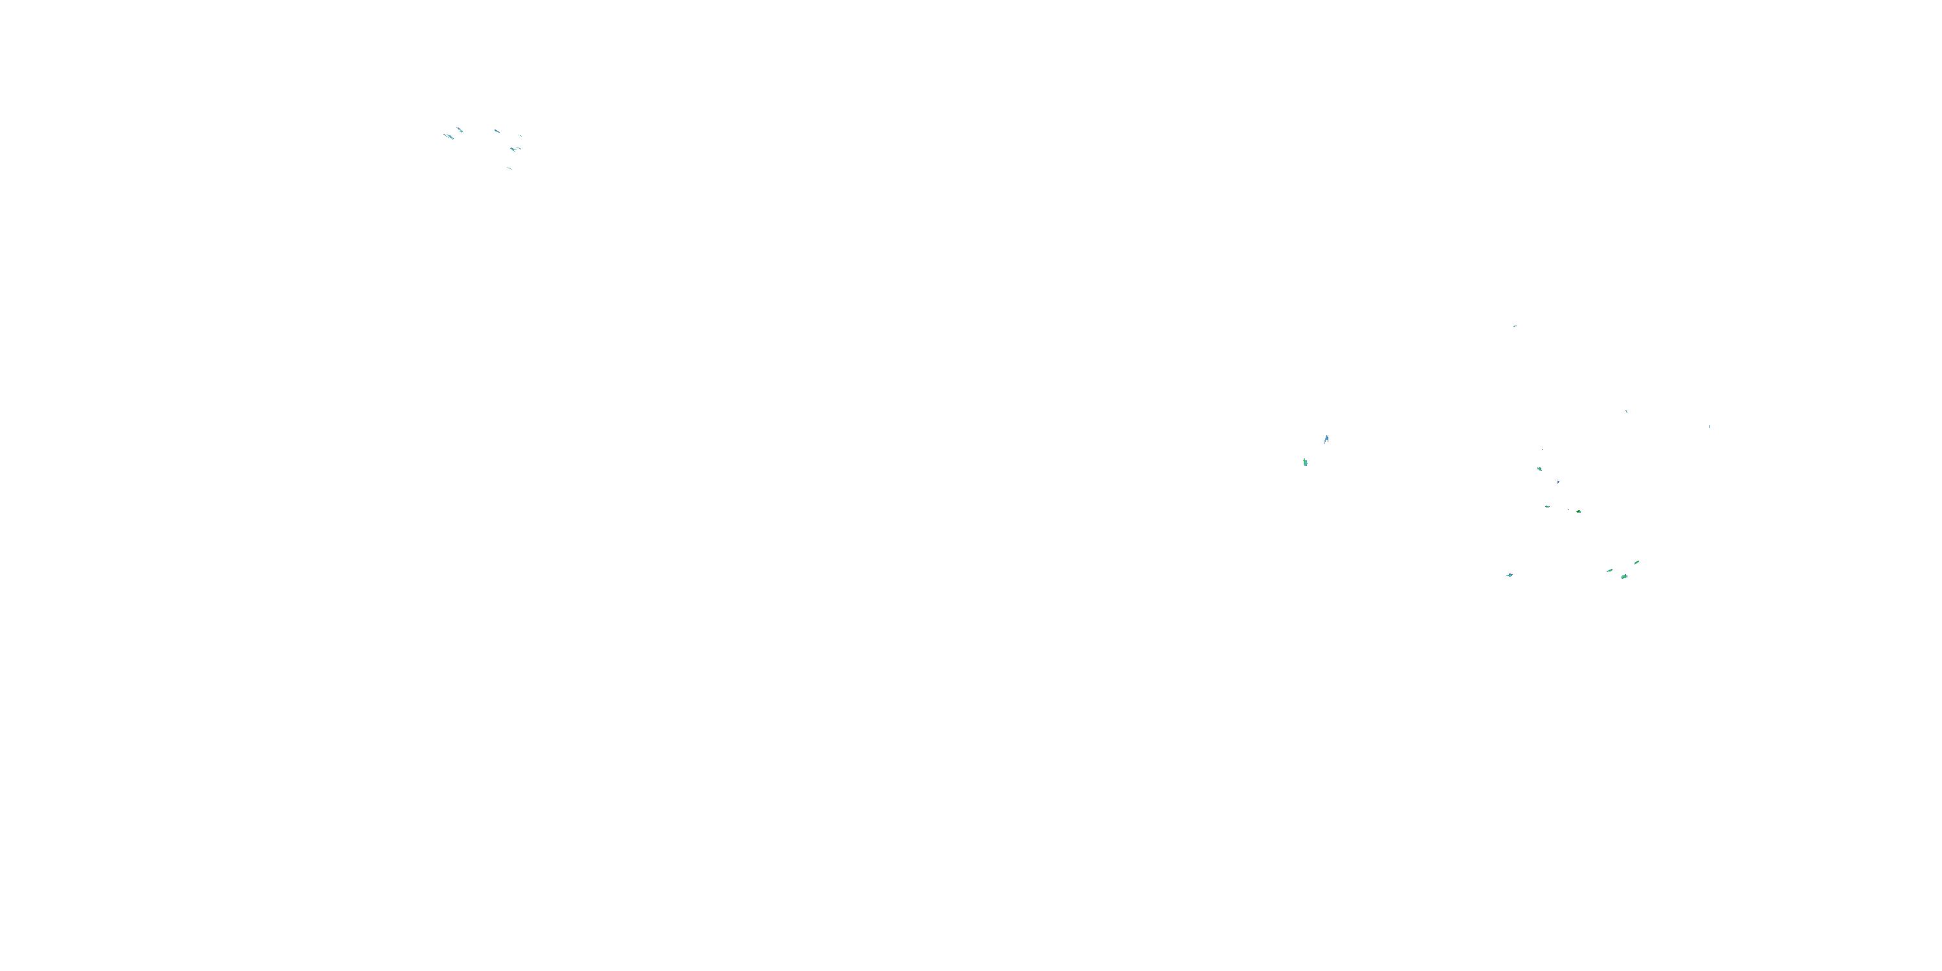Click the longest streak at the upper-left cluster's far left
click(x=448, y=137)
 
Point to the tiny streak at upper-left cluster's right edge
click(x=519, y=136)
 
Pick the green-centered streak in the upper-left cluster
click(x=514, y=150)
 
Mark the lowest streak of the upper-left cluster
click(x=509, y=168)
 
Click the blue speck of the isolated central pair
click(x=1326, y=439)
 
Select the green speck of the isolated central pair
click(x=1305, y=462)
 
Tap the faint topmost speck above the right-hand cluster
click(x=1515, y=326)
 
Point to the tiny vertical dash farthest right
click(x=1709, y=427)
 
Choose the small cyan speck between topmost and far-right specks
click(x=1626, y=412)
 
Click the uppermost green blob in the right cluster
click(x=1539, y=469)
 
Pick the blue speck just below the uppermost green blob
click(x=1557, y=481)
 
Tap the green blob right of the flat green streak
click(x=1579, y=511)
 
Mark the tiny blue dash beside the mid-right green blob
click(x=1570, y=510)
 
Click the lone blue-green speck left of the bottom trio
click(x=1510, y=575)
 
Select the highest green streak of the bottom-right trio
click(x=1636, y=563)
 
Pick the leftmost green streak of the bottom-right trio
click(x=1609, y=571)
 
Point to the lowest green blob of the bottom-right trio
click(x=1624, y=577)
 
